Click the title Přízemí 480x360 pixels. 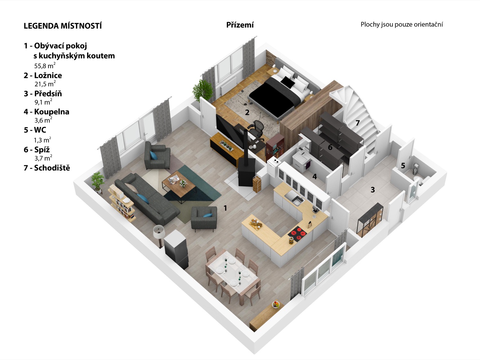click(240, 25)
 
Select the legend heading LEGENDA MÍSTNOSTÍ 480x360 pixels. click(62, 26)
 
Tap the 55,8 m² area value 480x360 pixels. click(45, 65)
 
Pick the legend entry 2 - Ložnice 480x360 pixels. click(43, 76)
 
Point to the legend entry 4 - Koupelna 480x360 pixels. click(47, 112)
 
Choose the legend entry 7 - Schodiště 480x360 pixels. click(47, 168)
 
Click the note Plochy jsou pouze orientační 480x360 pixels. click(402, 25)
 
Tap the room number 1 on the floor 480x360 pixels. click(225, 208)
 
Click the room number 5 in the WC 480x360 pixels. click(403, 166)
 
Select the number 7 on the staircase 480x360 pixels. click(357, 123)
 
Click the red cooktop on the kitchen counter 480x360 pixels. click(297, 234)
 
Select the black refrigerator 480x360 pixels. click(176, 249)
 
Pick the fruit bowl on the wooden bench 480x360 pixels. click(276, 304)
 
